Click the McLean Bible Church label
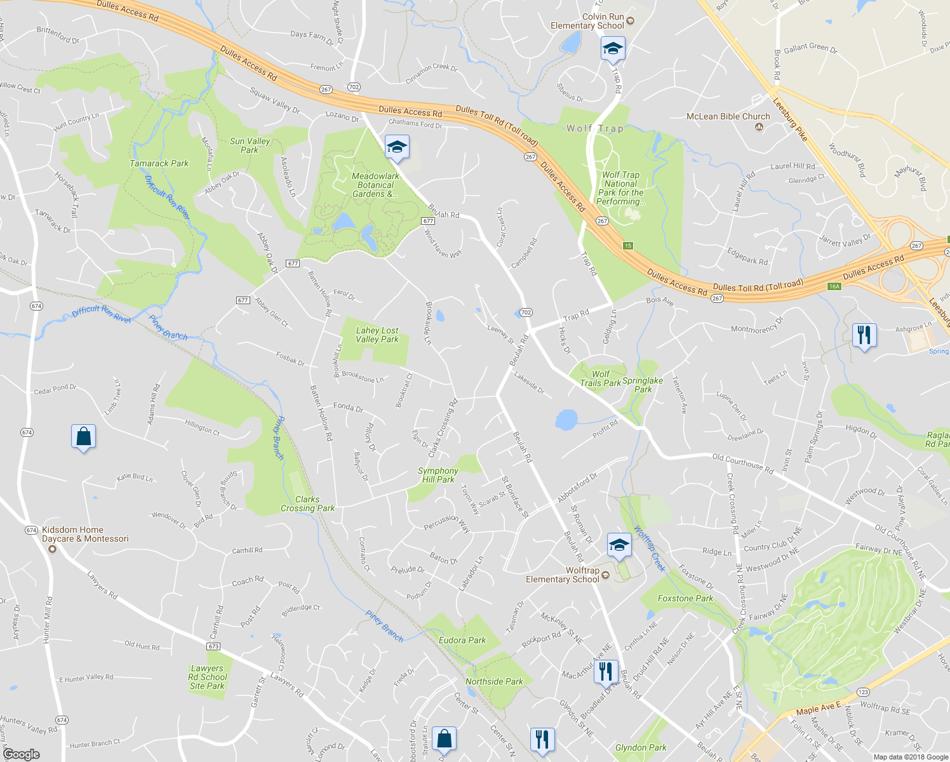click(728, 117)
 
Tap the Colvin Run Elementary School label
click(587, 22)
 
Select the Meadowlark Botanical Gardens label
click(375, 185)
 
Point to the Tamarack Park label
click(159, 163)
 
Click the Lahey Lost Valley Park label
click(377, 335)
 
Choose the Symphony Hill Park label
click(438, 475)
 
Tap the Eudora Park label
click(462, 640)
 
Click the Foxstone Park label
click(685, 598)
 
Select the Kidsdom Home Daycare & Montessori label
click(85, 534)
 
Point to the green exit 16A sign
click(834, 286)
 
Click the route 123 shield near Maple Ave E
click(863, 692)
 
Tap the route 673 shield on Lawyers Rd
click(213, 646)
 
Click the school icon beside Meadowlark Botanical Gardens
click(397, 148)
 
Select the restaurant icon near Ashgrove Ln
click(864, 334)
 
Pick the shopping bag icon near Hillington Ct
click(83, 437)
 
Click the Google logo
click(21, 754)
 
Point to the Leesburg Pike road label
click(790, 119)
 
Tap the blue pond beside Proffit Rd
click(566, 419)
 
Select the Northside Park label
click(494, 681)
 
